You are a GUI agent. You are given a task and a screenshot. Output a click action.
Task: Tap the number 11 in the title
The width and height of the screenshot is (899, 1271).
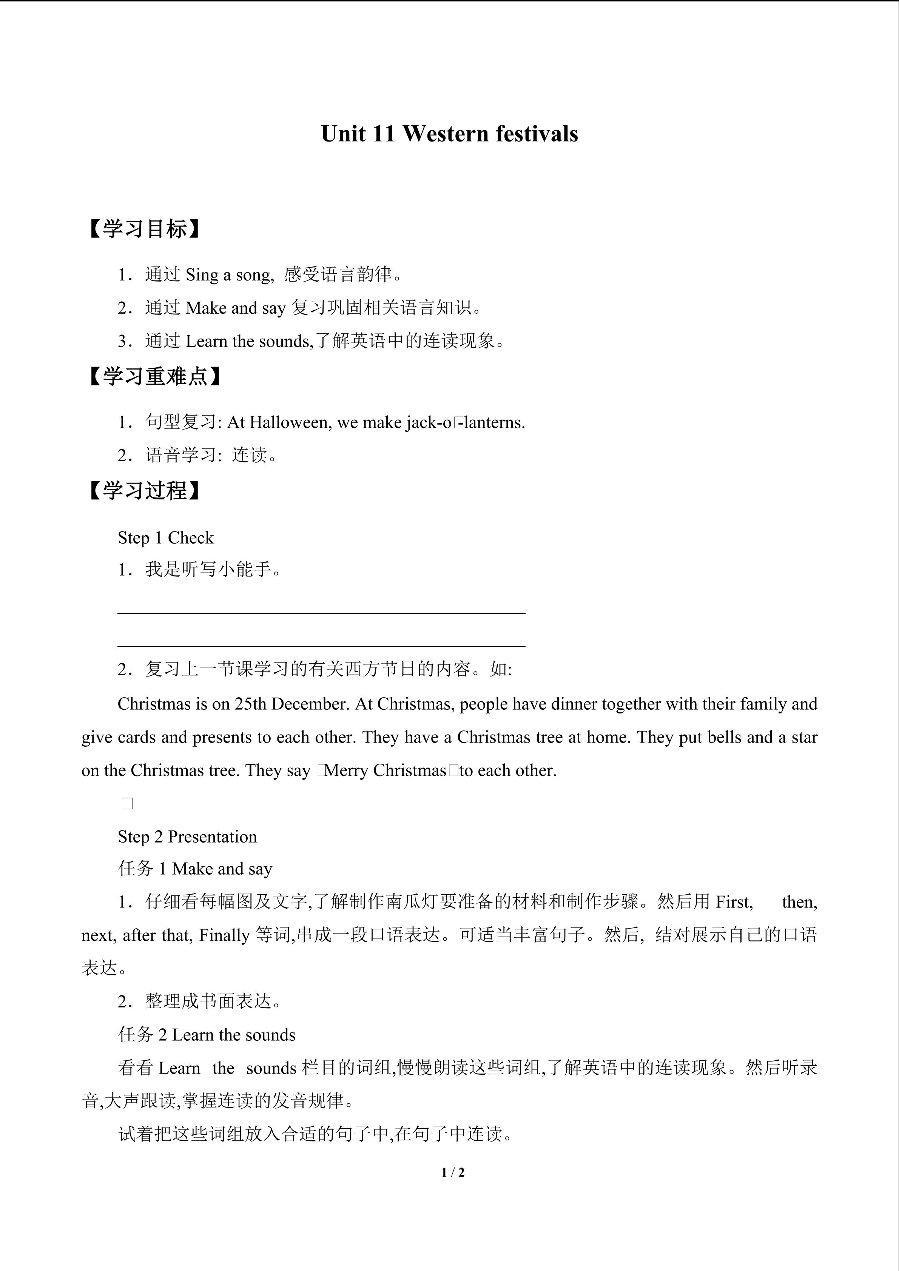coord(382,134)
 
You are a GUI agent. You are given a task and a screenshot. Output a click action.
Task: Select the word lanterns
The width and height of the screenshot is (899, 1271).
coord(493,423)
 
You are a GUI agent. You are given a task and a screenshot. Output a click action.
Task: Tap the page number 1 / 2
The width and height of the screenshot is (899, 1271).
coord(453,1172)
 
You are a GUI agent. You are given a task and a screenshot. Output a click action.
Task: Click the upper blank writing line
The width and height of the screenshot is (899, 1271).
coord(321,613)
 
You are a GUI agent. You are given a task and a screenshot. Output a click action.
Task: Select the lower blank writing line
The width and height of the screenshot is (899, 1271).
coord(321,646)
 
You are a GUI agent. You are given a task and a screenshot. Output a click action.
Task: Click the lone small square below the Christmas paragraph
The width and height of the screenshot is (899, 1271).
coord(127,804)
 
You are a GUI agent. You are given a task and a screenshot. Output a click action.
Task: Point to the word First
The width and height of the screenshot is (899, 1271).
coord(734,902)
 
